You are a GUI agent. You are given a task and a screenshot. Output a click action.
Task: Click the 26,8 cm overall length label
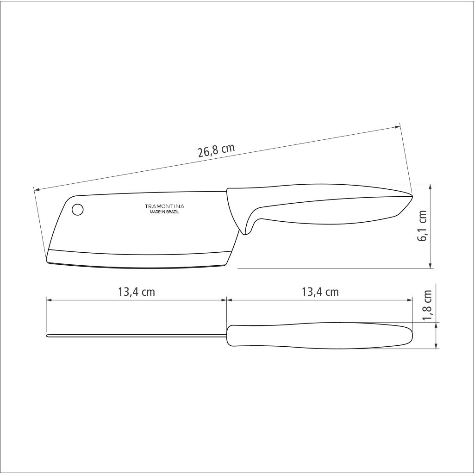[x=217, y=151]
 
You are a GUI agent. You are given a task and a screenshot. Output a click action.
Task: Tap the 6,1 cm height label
[x=423, y=226]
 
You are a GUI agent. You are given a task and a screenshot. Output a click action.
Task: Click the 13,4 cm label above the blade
[x=136, y=292]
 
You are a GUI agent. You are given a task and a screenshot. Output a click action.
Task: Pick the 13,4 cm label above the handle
[x=320, y=292]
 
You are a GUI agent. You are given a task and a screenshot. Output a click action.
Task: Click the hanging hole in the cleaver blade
[x=78, y=210]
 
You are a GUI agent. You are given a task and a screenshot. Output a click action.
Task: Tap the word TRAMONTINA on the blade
[x=165, y=206]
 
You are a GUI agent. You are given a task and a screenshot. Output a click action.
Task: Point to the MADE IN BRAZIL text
[x=164, y=212]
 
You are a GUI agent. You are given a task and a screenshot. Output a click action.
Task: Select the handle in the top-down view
[x=319, y=336]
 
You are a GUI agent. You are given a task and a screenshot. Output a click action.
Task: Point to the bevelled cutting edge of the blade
[x=139, y=260]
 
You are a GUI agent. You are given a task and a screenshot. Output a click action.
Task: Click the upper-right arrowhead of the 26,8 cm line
[x=398, y=126]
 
